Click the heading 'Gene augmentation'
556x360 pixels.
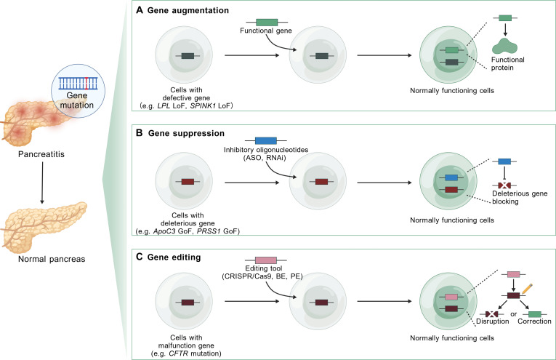(x=188, y=10)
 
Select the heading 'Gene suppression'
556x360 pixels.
(x=186, y=133)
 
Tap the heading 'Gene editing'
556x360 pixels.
(x=174, y=257)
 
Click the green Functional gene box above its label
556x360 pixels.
(x=267, y=23)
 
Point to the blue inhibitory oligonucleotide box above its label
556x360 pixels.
(x=265, y=140)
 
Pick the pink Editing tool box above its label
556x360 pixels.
(x=265, y=260)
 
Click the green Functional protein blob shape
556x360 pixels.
(x=505, y=46)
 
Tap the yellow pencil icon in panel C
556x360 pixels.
(x=528, y=289)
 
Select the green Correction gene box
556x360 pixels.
(x=535, y=314)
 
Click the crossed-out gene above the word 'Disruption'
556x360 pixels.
(x=492, y=314)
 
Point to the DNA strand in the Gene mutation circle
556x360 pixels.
(x=78, y=83)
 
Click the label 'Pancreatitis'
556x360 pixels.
(x=41, y=154)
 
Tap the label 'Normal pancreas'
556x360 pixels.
(x=52, y=259)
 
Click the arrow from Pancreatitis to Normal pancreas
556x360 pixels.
(x=42, y=183)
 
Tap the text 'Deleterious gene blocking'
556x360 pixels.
(x=520, y=198)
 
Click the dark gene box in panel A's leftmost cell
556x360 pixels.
(x=188, y=56)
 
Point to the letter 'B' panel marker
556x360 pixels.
(x=140, y=133)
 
